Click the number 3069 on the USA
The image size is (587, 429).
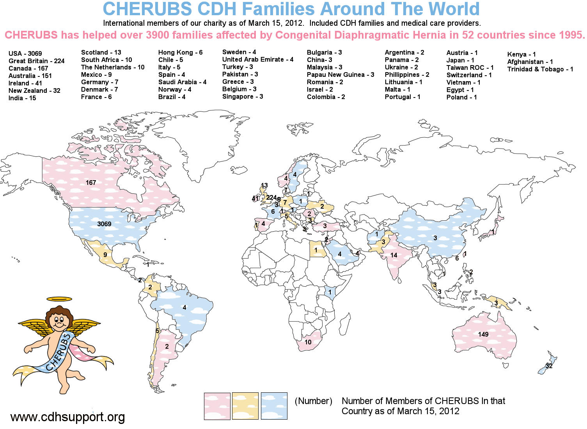pos(104,224)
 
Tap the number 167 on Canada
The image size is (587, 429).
pos(91,183)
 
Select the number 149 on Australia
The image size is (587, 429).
pos(483,334)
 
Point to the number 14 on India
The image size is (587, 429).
pos(394,255)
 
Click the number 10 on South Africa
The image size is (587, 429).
pos(308,342)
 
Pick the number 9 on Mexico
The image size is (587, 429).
pos(105,255)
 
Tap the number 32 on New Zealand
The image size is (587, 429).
pos(549,366)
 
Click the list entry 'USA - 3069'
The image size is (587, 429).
pos(25,53)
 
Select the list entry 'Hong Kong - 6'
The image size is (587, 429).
pos(180,52)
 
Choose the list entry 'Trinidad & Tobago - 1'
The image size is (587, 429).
pos(540,69)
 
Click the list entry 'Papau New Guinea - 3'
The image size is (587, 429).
pos(340,74)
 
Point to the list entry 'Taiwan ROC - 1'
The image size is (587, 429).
pos(470,67)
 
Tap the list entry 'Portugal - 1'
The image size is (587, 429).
pos(403,97)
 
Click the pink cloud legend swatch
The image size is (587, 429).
pos(217,406)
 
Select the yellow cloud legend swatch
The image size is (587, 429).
pos(245,406)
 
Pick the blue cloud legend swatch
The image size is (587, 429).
pos(274,406)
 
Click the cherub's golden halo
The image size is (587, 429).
pos(59,299)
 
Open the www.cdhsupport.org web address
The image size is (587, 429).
pos(68,417)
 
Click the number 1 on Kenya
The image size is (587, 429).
pos(330,292)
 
